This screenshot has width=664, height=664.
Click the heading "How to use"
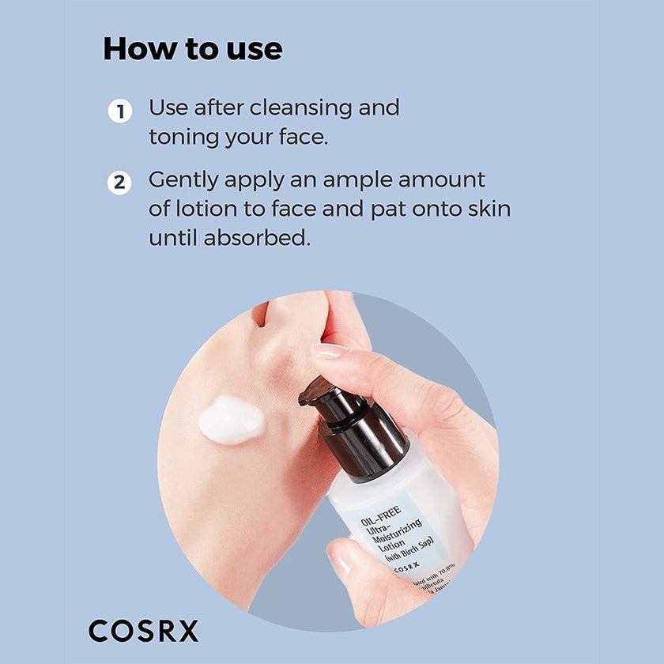click(192, 49)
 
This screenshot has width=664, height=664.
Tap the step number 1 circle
click(119, 111)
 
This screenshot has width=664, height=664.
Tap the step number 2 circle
click(119, 183)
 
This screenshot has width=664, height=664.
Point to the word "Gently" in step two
click(183, 181)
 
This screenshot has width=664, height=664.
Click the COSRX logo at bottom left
click(144, 631)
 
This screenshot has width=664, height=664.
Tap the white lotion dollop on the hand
click(230, 419)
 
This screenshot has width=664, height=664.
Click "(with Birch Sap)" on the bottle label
click(413, 548)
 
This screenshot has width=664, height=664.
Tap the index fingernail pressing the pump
click(330, 352)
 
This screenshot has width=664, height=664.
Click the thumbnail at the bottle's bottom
click(342, 562)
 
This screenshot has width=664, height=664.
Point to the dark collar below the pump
click(370, 454)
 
